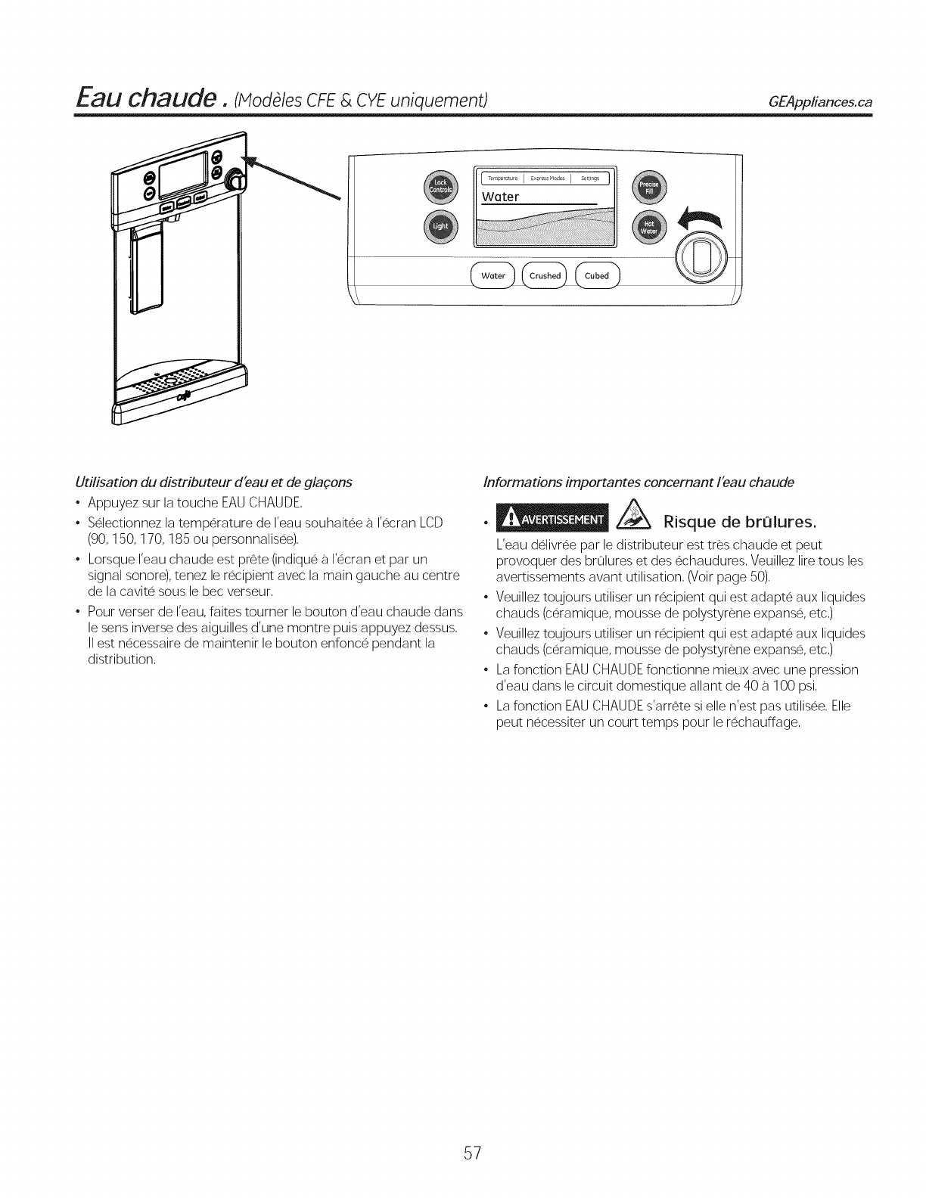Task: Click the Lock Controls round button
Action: click(x=440, y=186)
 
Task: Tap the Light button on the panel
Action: click(x=440, y=225)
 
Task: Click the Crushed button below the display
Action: click(x=545, y=276)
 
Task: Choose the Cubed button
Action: click(x=597, y=276)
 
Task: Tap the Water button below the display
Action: click(x=493, y=276)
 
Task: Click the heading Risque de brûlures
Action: click(x=740, y=522)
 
